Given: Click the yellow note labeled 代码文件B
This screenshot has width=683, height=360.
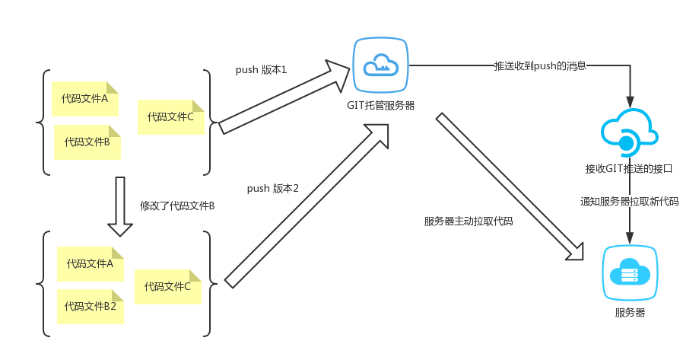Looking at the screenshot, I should [87, 142].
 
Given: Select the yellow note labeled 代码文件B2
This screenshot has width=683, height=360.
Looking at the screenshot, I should [90, 306].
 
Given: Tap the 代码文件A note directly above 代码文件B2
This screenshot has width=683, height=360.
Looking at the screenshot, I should [90, 264].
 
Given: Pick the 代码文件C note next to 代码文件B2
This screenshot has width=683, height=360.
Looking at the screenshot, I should [167, 287].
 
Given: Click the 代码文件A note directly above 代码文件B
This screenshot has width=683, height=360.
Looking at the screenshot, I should [84, 98].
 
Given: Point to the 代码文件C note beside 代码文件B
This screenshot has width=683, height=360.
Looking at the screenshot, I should [170, 116].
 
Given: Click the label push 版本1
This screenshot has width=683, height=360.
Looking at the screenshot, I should [261, 70].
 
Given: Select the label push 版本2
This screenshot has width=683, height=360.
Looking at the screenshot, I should [272, 188].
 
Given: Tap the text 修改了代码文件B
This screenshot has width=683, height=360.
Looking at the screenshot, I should [177, 205].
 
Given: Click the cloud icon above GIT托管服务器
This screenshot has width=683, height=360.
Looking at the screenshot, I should [380, 65].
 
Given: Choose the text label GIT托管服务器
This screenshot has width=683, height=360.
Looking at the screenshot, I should [381, 105].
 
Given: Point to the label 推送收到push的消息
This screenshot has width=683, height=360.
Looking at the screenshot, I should [540, 66].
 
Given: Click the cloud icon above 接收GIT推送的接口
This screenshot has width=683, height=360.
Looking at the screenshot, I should [628, 132].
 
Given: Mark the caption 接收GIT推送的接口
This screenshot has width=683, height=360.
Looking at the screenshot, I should [628, 168].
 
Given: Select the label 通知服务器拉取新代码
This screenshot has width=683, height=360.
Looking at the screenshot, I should [629, 202].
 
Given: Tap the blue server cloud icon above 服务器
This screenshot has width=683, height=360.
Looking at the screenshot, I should [629, 272].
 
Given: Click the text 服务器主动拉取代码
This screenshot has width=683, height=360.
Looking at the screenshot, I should [469, 221].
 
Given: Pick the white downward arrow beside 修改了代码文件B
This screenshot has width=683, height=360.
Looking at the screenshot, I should [120, 206].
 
